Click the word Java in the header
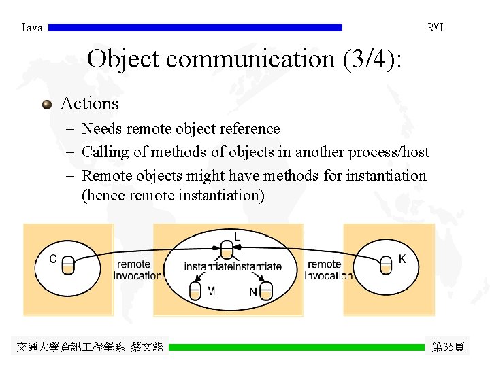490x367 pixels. pos(32,28)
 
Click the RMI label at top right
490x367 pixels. pos(435,28)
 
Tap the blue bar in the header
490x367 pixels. pos(195,28)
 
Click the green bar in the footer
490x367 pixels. pos(296,347)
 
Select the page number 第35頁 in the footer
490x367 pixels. pos(448,347)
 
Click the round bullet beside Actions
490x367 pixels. pos(46,105)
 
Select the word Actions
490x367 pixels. pos(89,103)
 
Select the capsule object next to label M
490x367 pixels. pos(195,292)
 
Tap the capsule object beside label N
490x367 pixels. pos(266,292)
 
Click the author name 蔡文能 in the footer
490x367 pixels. pos(147,347)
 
